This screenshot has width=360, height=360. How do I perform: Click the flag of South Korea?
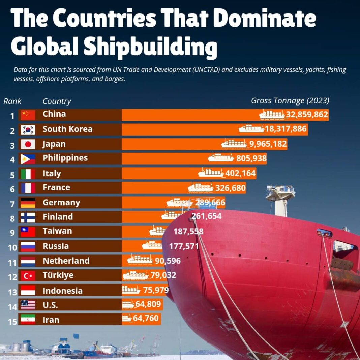coord(28,130)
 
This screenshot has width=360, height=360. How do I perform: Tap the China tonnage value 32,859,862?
coord(307,115)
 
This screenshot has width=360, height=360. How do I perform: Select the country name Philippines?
coord(65,158)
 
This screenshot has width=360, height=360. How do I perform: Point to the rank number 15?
coord(12,321)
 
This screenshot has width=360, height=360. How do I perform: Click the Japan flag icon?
coord(28,145)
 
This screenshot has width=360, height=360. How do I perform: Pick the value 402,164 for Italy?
coord(241,173)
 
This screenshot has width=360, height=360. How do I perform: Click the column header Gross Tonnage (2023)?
coord(290,100)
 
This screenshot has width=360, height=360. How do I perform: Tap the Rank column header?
coord(12,101)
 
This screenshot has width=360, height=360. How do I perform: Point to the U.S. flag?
coord(28,305)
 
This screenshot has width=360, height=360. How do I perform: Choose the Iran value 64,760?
coord(146,318)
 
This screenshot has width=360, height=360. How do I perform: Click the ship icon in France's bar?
coord(201,187)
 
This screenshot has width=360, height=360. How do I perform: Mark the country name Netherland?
coord(66,261)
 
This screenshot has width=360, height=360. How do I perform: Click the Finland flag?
coord(28,217)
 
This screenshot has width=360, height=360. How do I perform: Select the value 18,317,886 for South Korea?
coord(286,129)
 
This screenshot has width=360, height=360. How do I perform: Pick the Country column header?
coord(57,101)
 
